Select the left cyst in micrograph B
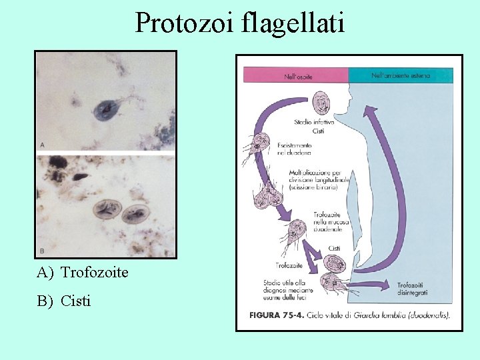(x=107, y=209)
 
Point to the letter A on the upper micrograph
(x=43, y=144)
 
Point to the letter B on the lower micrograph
(x=43, y=251)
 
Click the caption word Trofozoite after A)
(x=94, y=272)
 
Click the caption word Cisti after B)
(x=75, y=301)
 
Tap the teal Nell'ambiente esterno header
(x=401, y=76)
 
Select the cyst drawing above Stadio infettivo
(x=323, y=104)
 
